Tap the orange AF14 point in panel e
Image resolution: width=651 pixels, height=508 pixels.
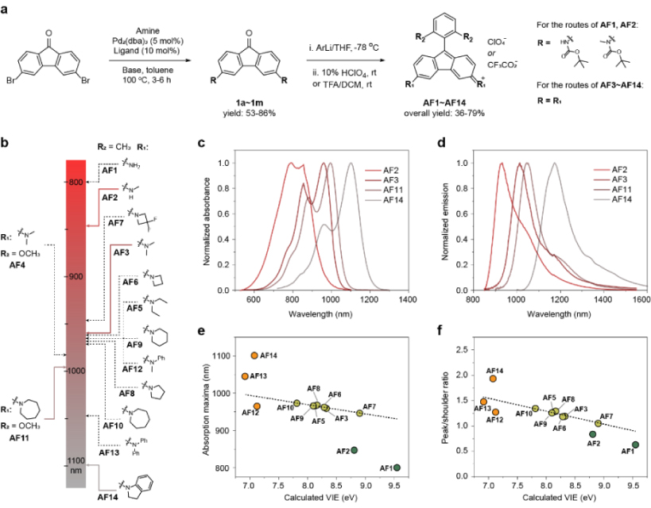pos(254,356)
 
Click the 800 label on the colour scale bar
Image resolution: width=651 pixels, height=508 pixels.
pos(75,183)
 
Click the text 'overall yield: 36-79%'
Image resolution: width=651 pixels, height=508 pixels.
pos(448,114)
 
